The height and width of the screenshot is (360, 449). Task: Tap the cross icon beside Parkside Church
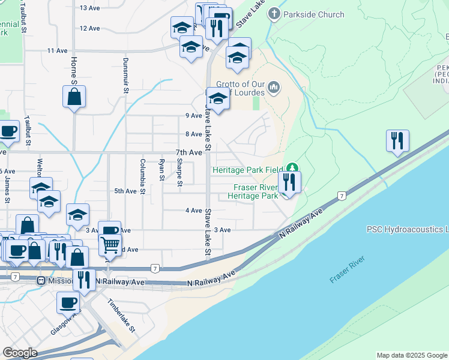pos(274,13)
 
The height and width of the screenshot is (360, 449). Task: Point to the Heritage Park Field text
pos(247,170)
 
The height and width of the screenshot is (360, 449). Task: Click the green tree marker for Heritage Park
pos(292,167)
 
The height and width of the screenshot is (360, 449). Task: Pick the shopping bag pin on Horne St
pos(74,97)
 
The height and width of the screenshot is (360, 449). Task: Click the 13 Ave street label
pos(89,8)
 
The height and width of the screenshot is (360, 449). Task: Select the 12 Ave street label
pos(89,28)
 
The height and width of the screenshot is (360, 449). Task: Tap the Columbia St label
pos(143,176)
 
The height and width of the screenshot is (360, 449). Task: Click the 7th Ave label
pos(188,152)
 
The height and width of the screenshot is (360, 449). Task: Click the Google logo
pos(20,353)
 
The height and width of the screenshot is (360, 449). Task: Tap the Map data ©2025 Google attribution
pos(411,355)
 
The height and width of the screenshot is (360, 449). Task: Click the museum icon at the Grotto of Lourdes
pos(274,89)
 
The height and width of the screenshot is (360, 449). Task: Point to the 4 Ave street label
pos(194,211)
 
